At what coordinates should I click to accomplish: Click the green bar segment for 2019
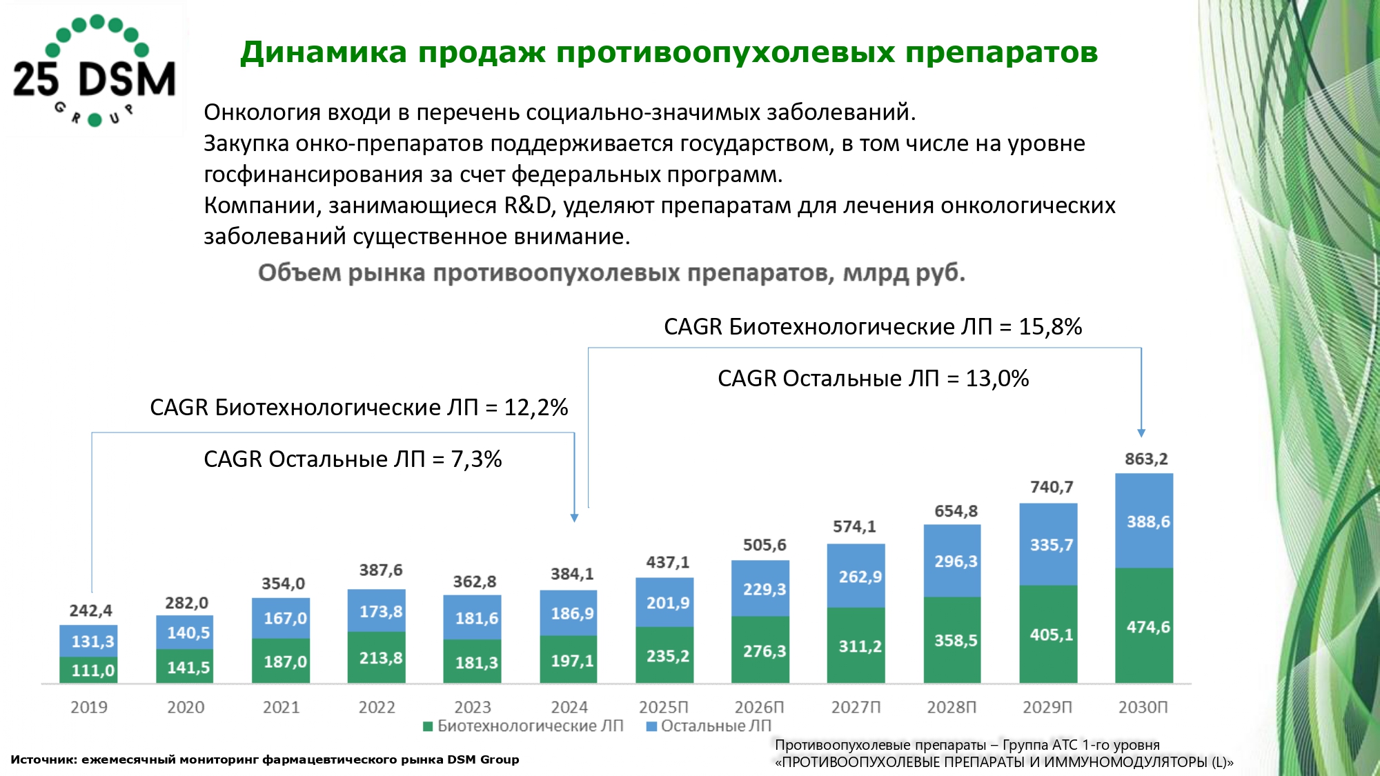(88, 670)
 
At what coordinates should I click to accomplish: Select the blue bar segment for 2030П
(1143, 521)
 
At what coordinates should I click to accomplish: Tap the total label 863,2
(1145, 459)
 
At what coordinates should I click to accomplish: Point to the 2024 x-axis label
(569, 707)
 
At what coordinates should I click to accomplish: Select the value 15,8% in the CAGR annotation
(1050, 327)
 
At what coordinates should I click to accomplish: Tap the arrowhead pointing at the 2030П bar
(1141, 433)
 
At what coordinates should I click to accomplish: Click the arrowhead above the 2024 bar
(574, 517)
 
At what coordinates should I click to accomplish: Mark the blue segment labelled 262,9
(856, 576)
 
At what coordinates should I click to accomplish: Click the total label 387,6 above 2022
(380, 570)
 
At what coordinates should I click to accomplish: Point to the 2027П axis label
(856, 707)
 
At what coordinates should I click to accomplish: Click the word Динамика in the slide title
(323, 52)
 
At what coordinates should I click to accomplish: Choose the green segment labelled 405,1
(1048, 635)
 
